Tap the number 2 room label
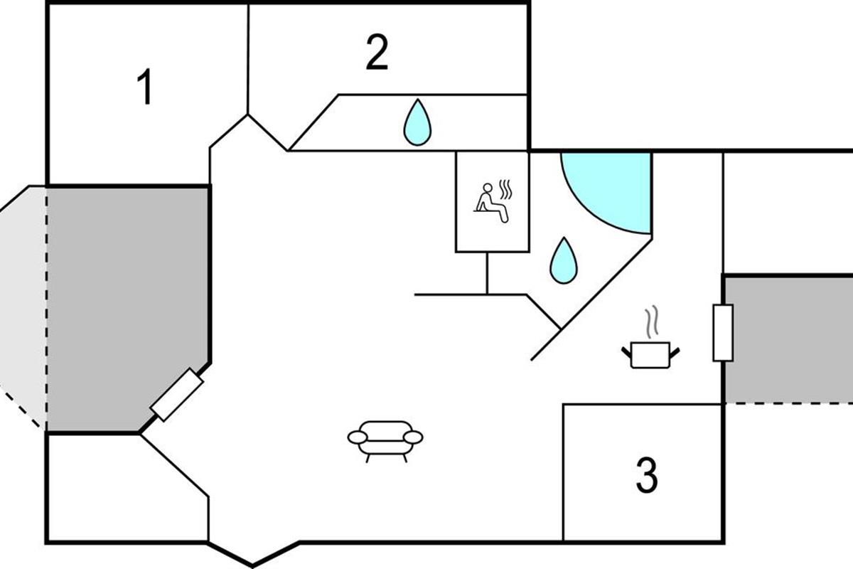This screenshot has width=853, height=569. click(377, 53)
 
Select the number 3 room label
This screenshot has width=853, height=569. click(646, 476)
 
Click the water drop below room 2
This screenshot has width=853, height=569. click(417, 122)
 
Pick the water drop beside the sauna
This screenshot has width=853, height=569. click(564, 260)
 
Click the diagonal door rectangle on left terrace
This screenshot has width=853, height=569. click(178, 395)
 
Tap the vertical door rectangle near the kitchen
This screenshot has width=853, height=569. click(723, 332)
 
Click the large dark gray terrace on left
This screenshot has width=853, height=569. click(128, 306)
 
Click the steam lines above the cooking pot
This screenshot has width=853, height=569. click(651, 322)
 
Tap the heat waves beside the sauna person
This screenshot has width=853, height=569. click(505, 190)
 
